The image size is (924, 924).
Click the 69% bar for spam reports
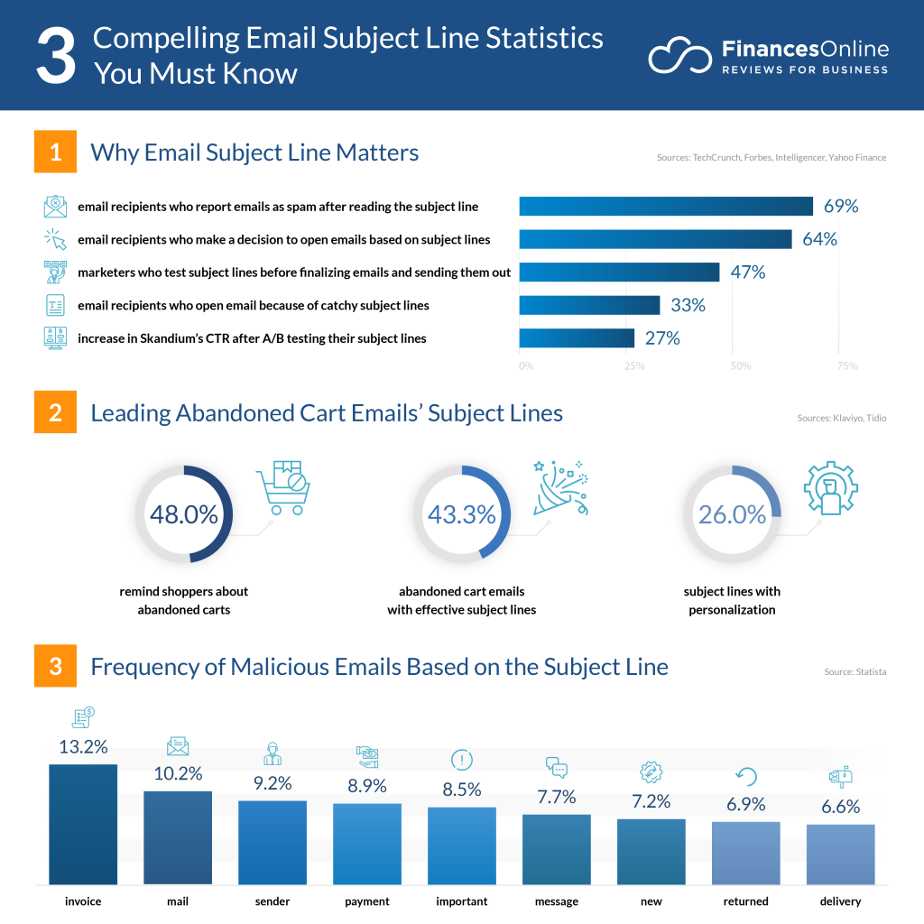(666, 206)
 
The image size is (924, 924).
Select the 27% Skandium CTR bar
(577, 338)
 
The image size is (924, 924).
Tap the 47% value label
(748, 272)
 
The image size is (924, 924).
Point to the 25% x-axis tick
(634, 366)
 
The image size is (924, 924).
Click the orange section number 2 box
(56, 412)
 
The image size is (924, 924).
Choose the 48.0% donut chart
(184, 514)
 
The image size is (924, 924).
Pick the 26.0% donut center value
(732, 514)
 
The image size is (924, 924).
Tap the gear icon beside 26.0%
(830, 488)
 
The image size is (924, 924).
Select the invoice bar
(83, 824)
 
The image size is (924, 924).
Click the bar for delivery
(840, 854)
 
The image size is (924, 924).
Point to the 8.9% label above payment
(367, 786)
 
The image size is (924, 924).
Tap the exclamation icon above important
(462, 760)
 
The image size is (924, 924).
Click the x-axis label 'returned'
(745, 901)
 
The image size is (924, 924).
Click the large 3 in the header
(56, 56)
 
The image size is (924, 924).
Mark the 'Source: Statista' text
(855, 672)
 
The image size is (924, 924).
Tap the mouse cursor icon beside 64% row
(56, 239)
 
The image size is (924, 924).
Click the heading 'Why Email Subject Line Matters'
(254, 152)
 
